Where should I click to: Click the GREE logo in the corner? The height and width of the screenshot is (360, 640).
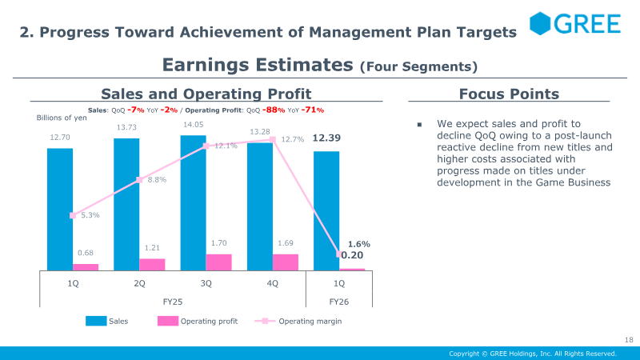[574, 24]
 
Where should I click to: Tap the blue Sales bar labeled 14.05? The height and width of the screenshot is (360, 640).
[193, 203]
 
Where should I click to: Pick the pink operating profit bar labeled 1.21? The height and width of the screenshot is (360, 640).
[152, 265]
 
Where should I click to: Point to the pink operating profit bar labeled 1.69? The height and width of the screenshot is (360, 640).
[286, 262]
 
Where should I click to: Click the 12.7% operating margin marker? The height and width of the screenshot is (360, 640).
[273, 139]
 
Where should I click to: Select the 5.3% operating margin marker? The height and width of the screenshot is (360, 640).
[73, 215]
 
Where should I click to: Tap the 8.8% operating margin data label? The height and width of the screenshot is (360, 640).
[157, 180]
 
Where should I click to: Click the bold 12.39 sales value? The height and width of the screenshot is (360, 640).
[326, 138]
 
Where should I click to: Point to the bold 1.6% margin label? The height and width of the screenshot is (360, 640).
[359, 243]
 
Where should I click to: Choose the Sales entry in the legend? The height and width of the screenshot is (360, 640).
[108, 321]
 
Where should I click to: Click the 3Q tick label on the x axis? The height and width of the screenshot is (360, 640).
[206, 283]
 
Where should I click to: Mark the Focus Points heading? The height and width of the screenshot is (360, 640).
[509, 94]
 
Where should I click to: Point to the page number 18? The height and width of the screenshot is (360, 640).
[628, 340]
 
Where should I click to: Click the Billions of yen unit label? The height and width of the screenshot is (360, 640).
[61, 118]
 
